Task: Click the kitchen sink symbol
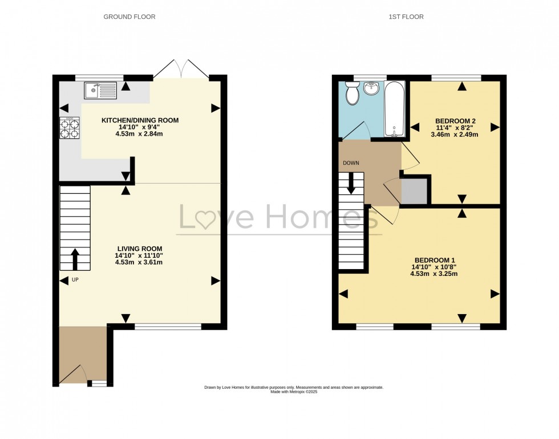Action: [x=100, y=89]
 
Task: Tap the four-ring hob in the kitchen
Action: [x=68, y=128]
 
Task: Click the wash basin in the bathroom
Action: [x=372, y=88]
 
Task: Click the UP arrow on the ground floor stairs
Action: [x=75, y=259]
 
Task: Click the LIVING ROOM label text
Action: [x=140, y=249]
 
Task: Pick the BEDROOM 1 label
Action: [x=434, y=259]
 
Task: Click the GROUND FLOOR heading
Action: [x=129, y=17]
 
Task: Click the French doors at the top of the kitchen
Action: [x=181, y=68]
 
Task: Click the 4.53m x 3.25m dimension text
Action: [x=434, y=274]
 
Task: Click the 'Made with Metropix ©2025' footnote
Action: [x=294, y=392]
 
